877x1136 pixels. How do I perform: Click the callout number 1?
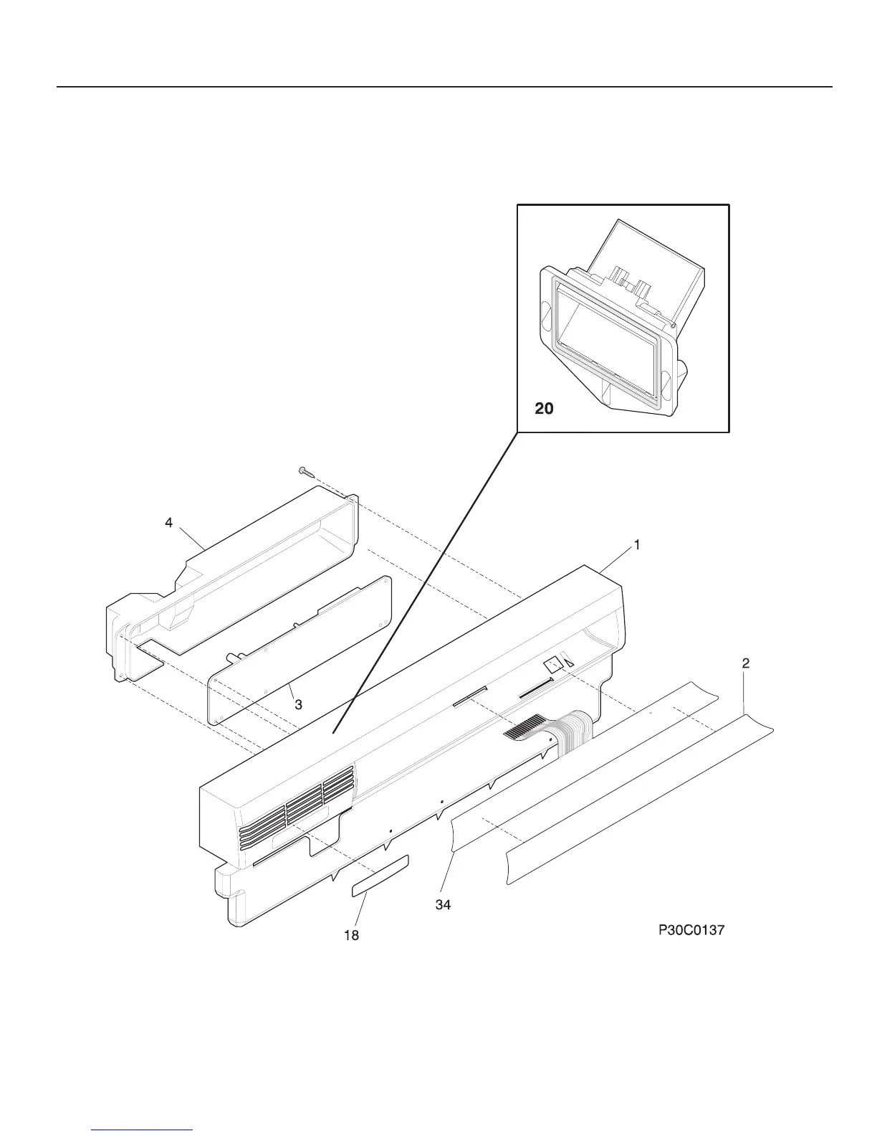636,545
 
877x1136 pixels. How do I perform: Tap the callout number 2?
745,664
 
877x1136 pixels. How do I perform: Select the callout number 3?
298,705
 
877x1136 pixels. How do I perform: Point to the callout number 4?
168,524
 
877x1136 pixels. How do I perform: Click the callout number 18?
352,936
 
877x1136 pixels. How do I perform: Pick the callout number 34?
444,905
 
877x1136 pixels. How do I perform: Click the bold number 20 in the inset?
545,408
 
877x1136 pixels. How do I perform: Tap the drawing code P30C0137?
691,931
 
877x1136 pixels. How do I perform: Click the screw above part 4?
304,470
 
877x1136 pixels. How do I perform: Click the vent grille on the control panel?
301,803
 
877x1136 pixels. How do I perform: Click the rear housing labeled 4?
236,574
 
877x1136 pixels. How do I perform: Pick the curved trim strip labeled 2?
638,803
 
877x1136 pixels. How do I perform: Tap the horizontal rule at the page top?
444,87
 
